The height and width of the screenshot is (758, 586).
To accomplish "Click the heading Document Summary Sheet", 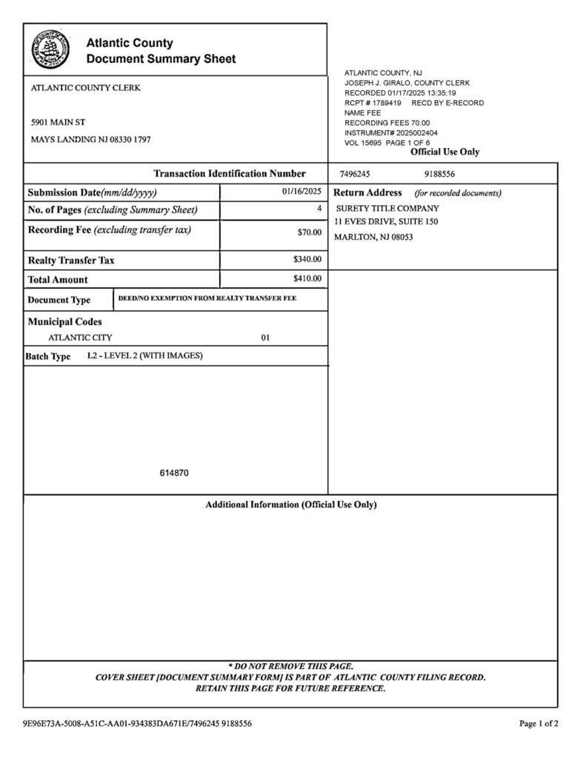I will (x=161, y=58).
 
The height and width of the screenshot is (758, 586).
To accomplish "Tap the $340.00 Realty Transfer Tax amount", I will (x=307, y=260).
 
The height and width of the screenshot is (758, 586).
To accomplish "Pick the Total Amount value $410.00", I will (x=307, y=279).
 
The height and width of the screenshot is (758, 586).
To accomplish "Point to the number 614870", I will (x=174, y=472).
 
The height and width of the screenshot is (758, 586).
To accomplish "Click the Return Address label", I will (x=368, y=192).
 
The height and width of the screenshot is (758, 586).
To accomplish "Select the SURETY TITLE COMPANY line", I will (x=387, y=208).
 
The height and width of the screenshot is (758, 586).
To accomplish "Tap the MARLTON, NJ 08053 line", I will (x=374, y=237).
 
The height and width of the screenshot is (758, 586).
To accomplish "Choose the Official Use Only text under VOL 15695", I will (x=445, y=152).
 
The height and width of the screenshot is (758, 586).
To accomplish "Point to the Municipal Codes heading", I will (x=65, y=322).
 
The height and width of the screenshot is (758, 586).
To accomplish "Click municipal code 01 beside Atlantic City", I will (x=265, y=338).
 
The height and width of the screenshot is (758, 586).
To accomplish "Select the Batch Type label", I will (x=49, y=356).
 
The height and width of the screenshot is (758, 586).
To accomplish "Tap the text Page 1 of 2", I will (x=539, y=723).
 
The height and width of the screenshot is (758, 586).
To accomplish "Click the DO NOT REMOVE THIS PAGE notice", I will (x=290, y=666).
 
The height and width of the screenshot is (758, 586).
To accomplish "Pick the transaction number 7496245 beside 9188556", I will (x=354, y=174).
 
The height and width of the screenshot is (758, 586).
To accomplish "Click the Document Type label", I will (x=59, y=300).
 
